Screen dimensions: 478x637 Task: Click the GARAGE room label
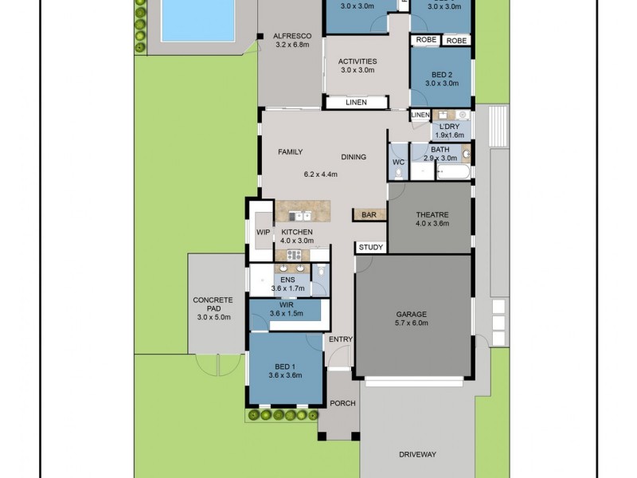point(411,314)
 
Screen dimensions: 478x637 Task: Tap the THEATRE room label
point(432,214)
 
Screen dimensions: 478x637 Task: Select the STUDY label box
point(370,247)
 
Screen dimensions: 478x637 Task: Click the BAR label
point(369,215)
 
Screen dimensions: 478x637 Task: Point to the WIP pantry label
point(263,233)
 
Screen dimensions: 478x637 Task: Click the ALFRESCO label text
point(291,36)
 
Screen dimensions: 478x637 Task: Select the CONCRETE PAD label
point(213,300)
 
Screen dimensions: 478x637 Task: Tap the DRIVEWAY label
point(417,455)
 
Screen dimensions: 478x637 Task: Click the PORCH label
point(344,403)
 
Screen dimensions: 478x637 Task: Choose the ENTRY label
point(341,340)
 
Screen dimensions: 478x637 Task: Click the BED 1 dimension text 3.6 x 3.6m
point(285,375)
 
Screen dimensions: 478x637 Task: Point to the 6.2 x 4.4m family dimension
point(321,174)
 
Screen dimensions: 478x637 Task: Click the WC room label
point(399,163)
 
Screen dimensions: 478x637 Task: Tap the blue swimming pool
point(197,20)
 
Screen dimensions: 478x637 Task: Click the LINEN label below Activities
point(356,103)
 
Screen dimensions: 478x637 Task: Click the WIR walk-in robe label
point(287,304)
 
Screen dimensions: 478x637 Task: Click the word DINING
point(354,157)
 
